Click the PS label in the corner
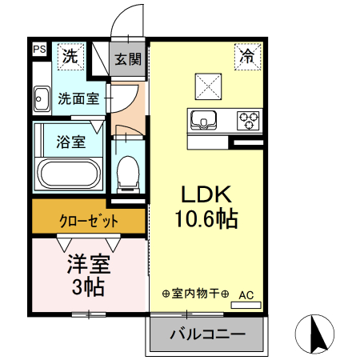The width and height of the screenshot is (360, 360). [39, 49]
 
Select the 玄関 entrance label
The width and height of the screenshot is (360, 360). [127, 59]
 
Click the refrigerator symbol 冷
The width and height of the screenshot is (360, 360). [247, 56]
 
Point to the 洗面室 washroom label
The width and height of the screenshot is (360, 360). [78, 101]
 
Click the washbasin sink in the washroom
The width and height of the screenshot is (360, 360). [41, 100]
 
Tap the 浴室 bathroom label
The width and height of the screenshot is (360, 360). [71, 142]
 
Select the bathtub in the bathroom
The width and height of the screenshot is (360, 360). [69, 174]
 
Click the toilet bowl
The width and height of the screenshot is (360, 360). [127, 173]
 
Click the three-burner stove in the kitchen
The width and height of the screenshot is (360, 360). [250, 121]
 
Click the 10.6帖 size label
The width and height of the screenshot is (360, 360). [205, 218]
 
